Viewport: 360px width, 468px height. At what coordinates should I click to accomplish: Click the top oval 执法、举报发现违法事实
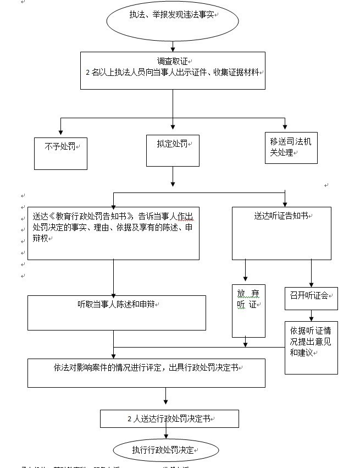click(x=173, y=20)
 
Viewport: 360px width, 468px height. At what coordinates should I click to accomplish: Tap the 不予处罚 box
click(x=60, y=152)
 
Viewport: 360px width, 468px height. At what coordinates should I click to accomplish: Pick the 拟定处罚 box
click(x=173, y=150)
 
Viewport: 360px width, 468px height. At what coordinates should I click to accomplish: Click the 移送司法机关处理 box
click(x=291, y=147)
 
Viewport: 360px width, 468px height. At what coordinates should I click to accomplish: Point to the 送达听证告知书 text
click(x=281, y=216)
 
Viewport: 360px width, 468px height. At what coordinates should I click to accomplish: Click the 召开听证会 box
click(x=311, y=298)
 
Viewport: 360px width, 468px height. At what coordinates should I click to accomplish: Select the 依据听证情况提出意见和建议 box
click(x=311, y=347)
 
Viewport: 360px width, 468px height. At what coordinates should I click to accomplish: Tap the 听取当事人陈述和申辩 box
click(x=117, y=312)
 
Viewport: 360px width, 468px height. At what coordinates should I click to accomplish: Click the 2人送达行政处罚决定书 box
click(x=169, y=419)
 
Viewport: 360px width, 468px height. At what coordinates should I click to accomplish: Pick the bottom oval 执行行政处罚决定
click(x=165, y=450)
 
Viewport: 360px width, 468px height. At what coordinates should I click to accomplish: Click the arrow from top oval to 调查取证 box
click(x=173, y=46)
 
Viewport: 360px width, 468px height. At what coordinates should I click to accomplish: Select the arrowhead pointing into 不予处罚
click(x=60, y=134)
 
